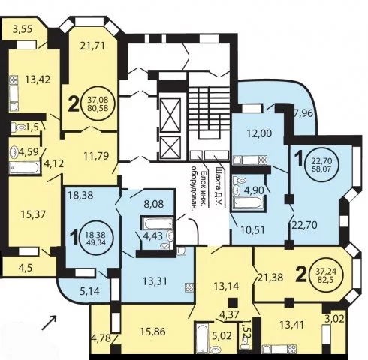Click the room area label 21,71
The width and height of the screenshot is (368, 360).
pos(92,46)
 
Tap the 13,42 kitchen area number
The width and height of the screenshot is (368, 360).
pos(38,79)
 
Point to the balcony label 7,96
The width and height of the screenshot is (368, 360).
pos(303,113)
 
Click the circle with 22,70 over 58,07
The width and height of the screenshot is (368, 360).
pos(321,165)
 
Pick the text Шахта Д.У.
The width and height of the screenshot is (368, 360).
pos(219,185)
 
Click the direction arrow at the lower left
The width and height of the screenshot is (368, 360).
pos(49,322)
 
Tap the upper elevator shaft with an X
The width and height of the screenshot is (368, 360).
pos(170,115)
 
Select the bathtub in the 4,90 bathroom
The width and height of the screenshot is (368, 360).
pos(248,202)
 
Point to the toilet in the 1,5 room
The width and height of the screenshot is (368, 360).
pos(19,127)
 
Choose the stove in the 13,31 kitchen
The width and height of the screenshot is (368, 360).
pos(189,287)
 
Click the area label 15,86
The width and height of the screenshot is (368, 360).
pos(152,331)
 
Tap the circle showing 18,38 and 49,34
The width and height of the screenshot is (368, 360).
pos(96,238)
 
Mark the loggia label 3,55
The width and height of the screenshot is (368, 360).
pos(23,29)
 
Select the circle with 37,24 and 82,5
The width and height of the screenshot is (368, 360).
pos(326,274)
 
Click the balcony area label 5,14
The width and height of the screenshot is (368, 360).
pos(90,291)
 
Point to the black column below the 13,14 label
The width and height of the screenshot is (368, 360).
pos(233,302)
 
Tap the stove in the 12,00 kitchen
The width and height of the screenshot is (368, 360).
pos(263,160)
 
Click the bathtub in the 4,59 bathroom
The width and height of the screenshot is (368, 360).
pos(25,167)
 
